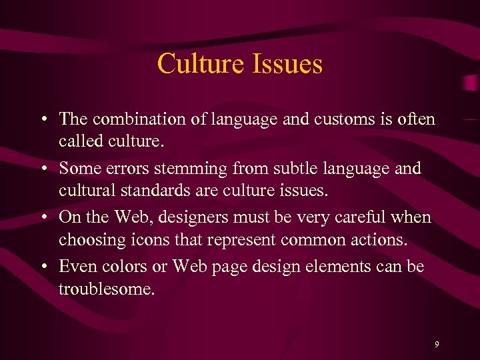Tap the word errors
pos(121,169)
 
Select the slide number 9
pos(437,345)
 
